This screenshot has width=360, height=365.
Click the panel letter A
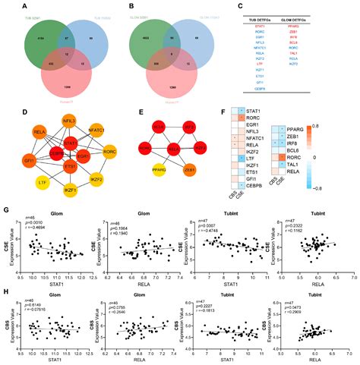pyautogui.click(x=11, y=6)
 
